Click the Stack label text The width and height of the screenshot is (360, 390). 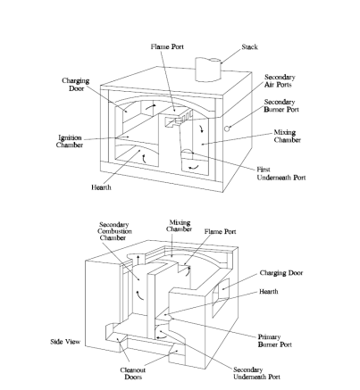(249, 46)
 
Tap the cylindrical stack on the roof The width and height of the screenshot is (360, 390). (208, 70)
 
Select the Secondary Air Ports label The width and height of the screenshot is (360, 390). (280, 81)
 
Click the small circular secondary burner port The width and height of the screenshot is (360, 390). (227, 129)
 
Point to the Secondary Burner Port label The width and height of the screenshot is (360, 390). (281, 106)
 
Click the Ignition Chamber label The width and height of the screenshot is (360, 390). (70, 141)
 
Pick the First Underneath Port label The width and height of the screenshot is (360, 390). (281, 173)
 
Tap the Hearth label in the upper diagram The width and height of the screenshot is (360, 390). (101, 187)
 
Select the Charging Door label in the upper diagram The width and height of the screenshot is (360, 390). (76, 85)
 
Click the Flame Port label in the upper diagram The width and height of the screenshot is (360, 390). (167, 46)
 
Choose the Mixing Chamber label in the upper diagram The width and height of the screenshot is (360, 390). (288, 136)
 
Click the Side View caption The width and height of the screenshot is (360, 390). (65, 342)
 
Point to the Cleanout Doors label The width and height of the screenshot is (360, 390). (133, 374)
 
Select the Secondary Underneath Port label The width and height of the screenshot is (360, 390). (256, 373)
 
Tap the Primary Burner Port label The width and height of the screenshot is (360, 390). (274, 341)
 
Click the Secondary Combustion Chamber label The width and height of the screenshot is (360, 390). (114, 231)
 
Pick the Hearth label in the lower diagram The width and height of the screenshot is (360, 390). (269, 292)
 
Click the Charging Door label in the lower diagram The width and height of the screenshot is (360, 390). (281, 273)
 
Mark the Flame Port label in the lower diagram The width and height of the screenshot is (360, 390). (220, 231)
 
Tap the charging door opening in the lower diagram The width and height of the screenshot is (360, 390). (221, 297)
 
